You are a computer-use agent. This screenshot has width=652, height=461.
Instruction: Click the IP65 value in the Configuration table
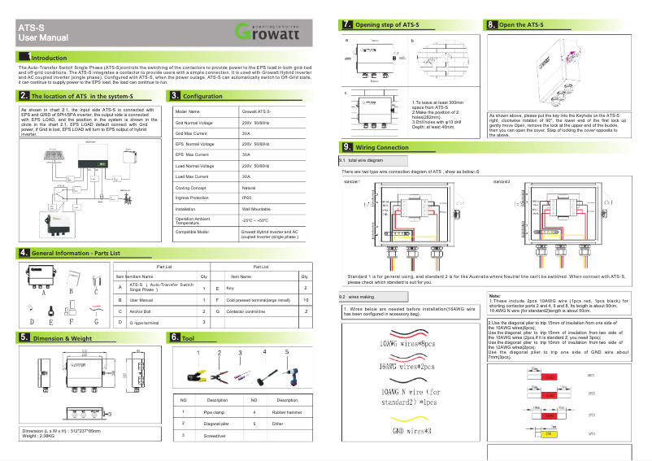coord(246,198)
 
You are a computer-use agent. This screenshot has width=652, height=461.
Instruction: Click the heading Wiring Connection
coord(381,147)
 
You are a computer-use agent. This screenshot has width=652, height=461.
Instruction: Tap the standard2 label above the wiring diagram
coord(502,180)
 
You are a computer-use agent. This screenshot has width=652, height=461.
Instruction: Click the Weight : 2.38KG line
coord(40,436)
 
